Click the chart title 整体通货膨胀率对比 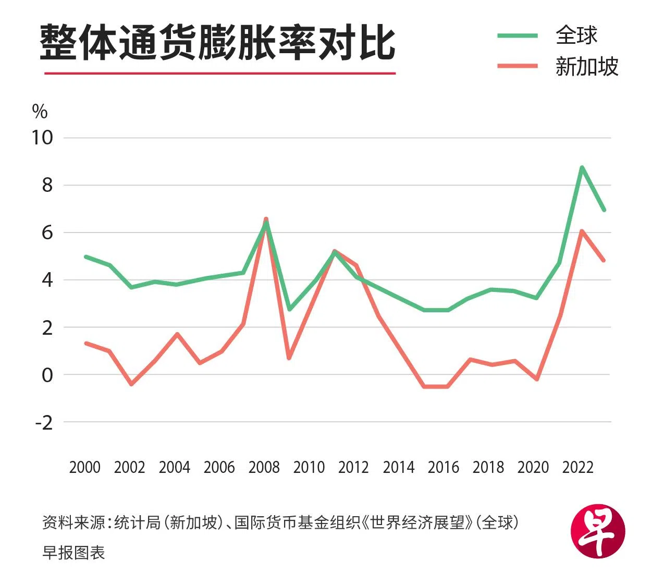coord(217,42)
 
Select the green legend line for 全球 coord(517,35)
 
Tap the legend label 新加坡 coord(586,67)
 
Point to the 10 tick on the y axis coord(42,138)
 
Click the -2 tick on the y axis coord(44,422)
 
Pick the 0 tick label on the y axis coord(47,375)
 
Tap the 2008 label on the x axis coord(264,467)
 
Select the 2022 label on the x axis coord(577,467)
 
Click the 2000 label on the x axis coord(84,467)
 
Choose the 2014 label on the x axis coord(398,467)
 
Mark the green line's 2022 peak coord(581,167)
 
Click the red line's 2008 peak coord(266,220)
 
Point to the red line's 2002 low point coord(131,384)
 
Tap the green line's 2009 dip coord(289,309)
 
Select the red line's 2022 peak coord(581,231)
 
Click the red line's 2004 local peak coord(177,334)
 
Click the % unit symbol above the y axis coord(40,111)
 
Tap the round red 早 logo coord(598,531)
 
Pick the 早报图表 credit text coord(73,553)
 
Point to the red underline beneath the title coord(219,73)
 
